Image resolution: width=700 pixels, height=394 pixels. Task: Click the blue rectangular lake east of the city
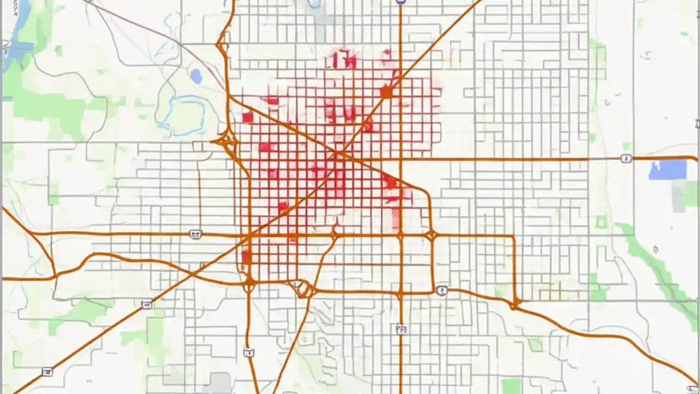pos(667,170)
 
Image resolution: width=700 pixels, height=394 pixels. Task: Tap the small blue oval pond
pos(196,76)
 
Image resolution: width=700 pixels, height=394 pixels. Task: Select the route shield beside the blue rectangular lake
pos(626,159)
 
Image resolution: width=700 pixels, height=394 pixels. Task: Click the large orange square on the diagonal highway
pos(387,92)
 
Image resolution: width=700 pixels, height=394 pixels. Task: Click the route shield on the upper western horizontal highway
pos(195,234)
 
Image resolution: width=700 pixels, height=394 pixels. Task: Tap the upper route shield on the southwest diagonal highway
pos(147,304)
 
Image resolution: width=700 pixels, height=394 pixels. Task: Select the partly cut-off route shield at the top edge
pos(401,2)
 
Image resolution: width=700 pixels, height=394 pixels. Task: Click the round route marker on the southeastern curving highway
pos(442,290)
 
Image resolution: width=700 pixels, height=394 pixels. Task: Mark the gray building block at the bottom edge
pos(219,383)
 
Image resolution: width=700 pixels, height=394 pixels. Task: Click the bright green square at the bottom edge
pos(511,386)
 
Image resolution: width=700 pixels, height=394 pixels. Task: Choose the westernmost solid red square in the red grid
pos(247,117)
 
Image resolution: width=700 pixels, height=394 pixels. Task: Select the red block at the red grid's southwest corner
pos(246,256)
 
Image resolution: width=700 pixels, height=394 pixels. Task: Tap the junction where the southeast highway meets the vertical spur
pos(515,303)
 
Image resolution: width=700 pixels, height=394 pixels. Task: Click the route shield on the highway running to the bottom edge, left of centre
pos(249,353)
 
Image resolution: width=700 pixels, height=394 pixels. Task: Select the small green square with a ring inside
pos(602,222)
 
